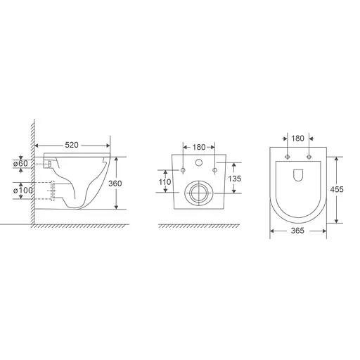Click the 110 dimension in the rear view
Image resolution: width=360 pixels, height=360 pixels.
point(164,182)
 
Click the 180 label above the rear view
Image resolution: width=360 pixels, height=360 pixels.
point(198,147)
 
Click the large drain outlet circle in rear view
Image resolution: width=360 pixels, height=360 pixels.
point(198,192)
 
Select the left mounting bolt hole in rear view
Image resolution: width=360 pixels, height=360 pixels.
point(183,171)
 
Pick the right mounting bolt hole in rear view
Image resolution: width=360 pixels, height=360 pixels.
point(214,171)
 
